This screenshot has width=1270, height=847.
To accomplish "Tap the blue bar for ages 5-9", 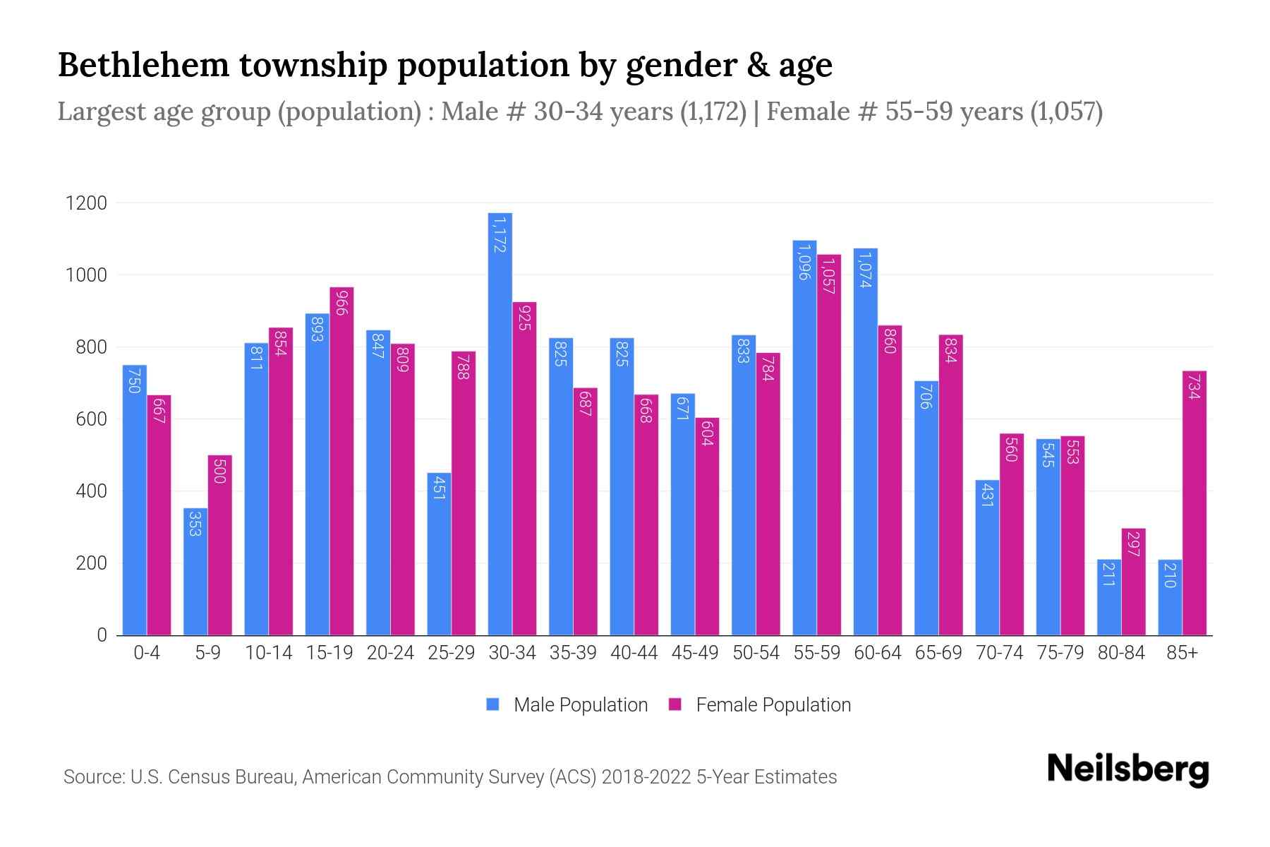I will click(195, 572).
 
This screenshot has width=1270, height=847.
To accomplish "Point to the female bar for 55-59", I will click(829, 445).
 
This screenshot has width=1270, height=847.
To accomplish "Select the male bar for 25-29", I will click(439, 554).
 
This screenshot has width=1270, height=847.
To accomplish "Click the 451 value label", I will click(439, 487).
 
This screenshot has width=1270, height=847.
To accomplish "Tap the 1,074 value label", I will click(865, 270).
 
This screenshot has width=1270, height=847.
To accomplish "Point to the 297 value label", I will click(1133, 543).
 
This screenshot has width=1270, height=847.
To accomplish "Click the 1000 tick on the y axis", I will click(86, 275).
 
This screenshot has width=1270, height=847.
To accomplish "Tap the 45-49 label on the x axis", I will click(695, 653).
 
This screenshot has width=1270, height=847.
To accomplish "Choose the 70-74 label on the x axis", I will click(999, 653).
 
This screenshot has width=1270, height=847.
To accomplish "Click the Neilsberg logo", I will click(1127, 769).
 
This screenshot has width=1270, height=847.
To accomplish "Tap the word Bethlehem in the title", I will click(143, 65).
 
